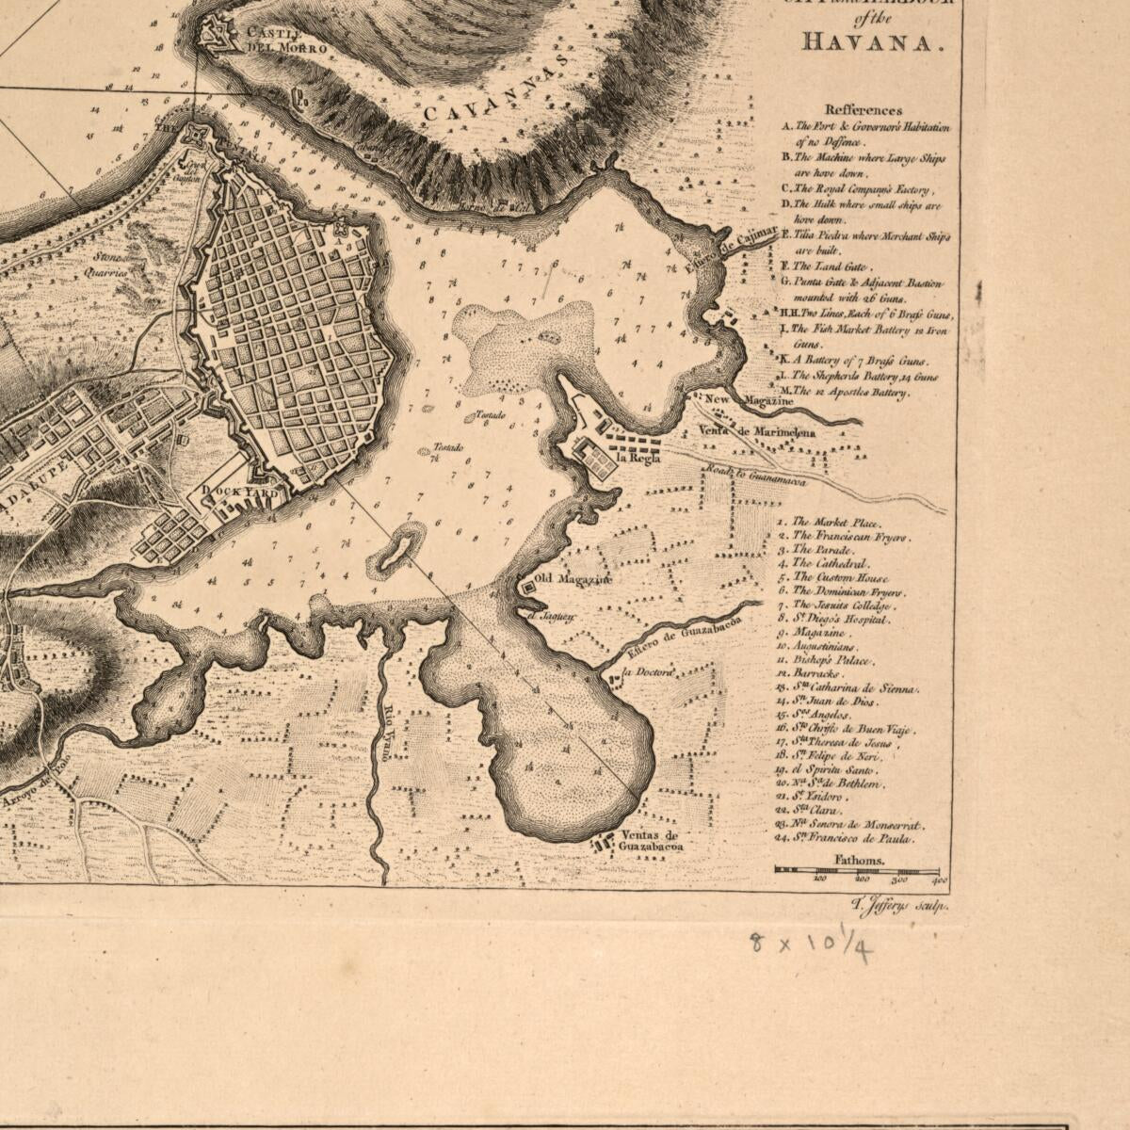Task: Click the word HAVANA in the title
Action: coord(871,42)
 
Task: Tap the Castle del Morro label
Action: coord(285,40)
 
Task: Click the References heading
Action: coord(863,110)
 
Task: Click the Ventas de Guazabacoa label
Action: coord(651,841)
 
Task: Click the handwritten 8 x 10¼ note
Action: coord(811,944)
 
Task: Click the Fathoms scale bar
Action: coord(857,870)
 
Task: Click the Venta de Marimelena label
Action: coord(757,432)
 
